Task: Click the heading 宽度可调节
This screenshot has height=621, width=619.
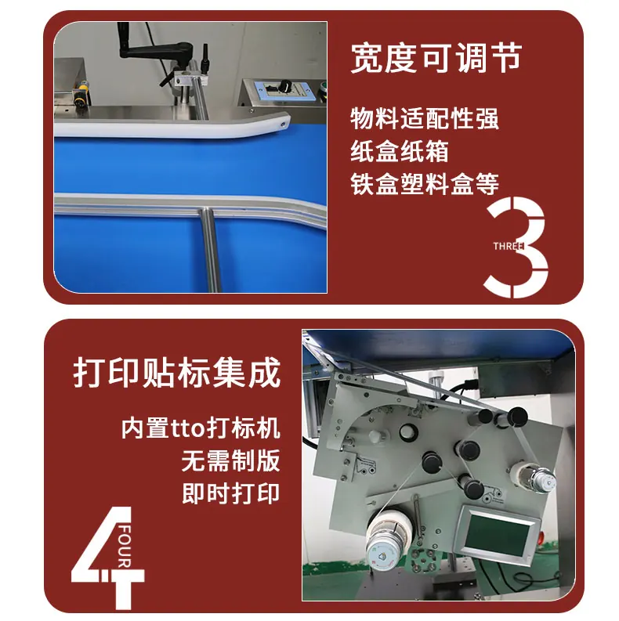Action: (x=436, y=58)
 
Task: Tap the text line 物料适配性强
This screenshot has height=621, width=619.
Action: (x=425, y=118)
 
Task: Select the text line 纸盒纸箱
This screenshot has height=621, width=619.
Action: (x=400, y=151)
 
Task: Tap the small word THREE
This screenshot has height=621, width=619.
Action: (x=509, y=246)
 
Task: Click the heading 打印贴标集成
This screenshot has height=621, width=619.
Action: (x=177, y=373)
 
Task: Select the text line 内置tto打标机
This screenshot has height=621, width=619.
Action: (x=201, y=428)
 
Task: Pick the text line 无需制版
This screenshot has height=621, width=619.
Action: (x=231, y=460)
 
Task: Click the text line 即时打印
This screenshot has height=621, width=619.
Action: (x=231, y=493)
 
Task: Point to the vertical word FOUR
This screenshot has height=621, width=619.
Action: (x=125, y=547)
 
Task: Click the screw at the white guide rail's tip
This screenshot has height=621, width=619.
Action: (x=283, y=125)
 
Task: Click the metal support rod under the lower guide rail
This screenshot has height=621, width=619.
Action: (x=210, y=251)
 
